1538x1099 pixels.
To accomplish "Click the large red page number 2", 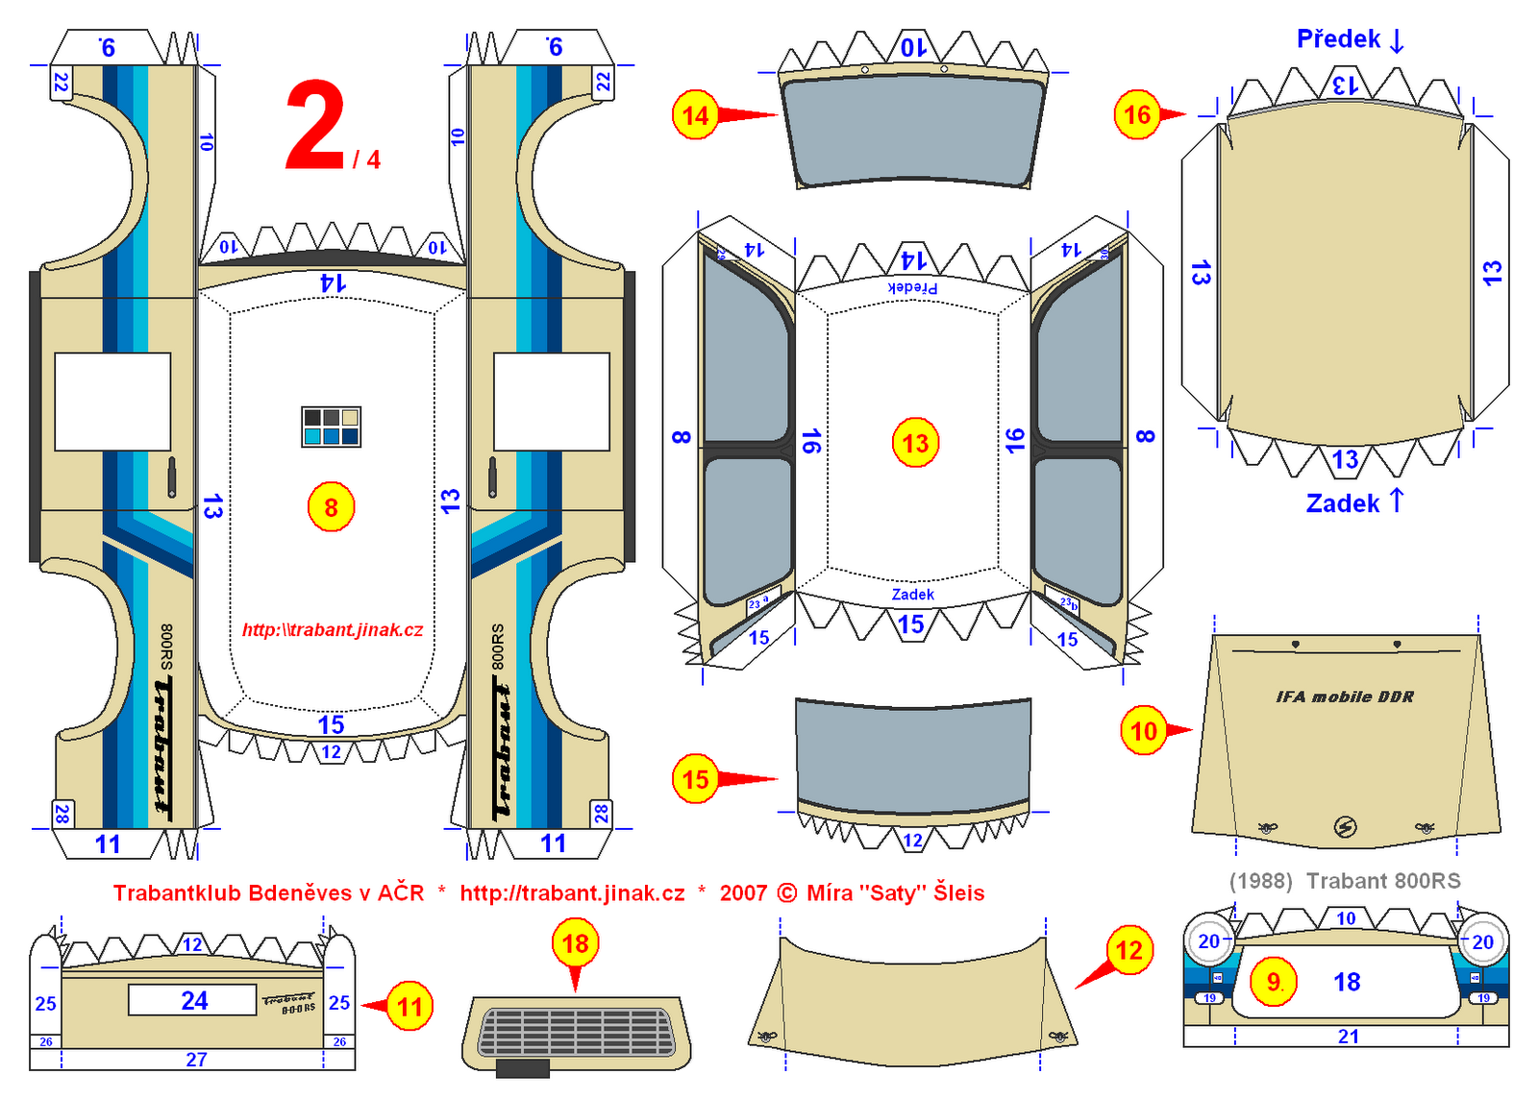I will [x=315, y=127].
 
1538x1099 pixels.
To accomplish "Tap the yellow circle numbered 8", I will [x=331, y=507].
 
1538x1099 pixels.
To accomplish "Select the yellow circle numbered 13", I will [x=915, y=443].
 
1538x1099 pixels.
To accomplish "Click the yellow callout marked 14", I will [x=695, y=116].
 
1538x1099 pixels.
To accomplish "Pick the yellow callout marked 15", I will [x=696, y=779].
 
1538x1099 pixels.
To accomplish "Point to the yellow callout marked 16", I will [x=1137, y=115].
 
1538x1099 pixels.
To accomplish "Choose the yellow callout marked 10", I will [x=1143, y=731].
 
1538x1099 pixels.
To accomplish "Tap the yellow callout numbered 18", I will [x=575, y=943].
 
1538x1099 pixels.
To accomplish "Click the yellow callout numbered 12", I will [x=1129, y=951].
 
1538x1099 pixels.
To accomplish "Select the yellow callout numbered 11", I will [x=410, y=1007].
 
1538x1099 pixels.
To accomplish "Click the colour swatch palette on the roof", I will [x=331, y=427].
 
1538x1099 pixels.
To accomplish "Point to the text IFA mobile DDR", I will [x=1344, y=697].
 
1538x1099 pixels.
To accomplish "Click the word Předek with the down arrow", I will [x=1350, y=39].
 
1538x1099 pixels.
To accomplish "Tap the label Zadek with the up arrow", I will [x=1353, y=502].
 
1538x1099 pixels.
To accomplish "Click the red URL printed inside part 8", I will [x=333, y=630].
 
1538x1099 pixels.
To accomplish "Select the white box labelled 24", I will [x=192, y=1000].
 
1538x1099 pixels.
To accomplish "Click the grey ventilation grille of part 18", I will [x=575, y=1032].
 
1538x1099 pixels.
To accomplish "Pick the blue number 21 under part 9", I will [x=1348, y=1037].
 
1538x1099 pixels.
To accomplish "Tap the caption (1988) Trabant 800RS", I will [x=1344, y=881].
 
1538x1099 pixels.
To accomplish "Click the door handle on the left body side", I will [x=172, y=476].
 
